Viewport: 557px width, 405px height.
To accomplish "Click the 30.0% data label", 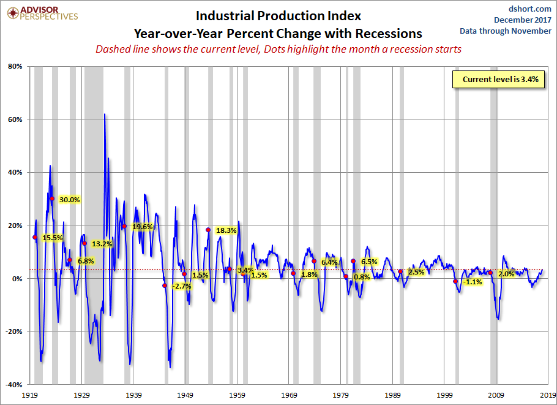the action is point(70,200).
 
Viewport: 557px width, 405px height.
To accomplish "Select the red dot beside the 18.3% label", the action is point(208,230).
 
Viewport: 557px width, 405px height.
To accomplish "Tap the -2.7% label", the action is point(182,286).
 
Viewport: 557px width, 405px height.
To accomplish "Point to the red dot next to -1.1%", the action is point(455,281).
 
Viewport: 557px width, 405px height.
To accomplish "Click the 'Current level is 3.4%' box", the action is point(498,79).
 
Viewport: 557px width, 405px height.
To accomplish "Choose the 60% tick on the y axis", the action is point(15,119).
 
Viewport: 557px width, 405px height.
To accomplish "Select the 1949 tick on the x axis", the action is point(185,395).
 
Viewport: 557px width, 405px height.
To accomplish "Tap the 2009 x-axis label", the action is point(496,395).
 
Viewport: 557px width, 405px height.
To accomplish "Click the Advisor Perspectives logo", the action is point(42,13).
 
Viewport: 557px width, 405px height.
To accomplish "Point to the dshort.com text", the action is point(529,9).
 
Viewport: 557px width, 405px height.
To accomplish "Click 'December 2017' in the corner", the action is point(523,20).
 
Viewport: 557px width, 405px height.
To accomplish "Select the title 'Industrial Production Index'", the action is point(278,16).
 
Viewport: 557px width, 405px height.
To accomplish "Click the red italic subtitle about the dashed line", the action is point(278,49).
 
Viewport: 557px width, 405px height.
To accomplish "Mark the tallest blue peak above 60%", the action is point(105,115).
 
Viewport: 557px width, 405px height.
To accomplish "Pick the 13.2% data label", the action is point(102,244).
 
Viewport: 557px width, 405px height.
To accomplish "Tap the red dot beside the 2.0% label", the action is point(490,273).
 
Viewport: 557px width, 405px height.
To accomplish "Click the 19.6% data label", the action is point(143,227).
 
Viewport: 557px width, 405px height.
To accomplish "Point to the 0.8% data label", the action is point(362,277).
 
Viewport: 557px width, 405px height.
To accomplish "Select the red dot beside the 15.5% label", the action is point(35,237).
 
